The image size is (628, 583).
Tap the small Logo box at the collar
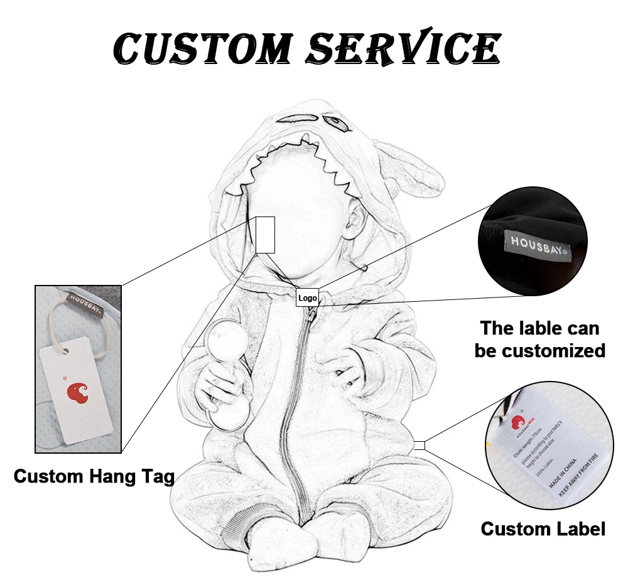pyautogui.click(x=308, y=297)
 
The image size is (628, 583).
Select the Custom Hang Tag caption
pyautogui.click(x=94, y=476)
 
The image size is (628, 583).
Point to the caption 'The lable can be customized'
pyautogui.click(x=540, y=339)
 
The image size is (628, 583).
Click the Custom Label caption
pyautogui.click(x=543, y=528)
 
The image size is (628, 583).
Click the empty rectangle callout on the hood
pyautogui.click(x=265, y=235)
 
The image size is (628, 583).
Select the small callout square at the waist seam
pyautogui.click(x=419, y=446)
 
